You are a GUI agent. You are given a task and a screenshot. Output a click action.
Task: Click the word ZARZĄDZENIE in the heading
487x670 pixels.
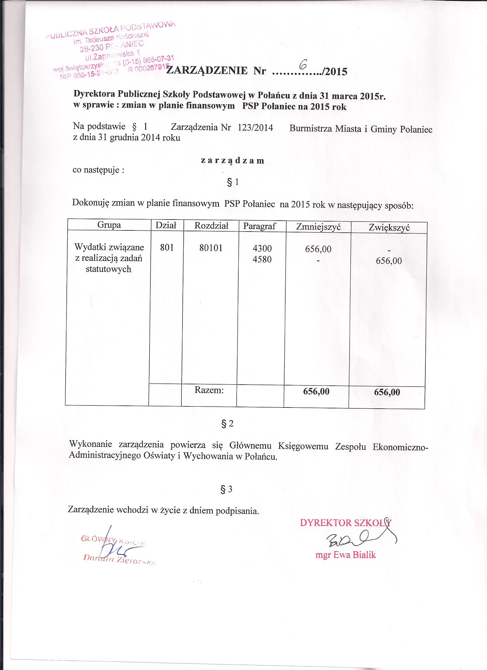pos(207,71)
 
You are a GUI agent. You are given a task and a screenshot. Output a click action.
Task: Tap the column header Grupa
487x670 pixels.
pos(109,225)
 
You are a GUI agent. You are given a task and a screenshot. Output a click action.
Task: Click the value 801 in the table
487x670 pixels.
pos(166,248)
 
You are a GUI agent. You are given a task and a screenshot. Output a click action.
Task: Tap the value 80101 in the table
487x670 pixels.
pos(211,248)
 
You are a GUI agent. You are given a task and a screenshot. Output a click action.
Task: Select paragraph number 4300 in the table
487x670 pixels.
pos(262,249)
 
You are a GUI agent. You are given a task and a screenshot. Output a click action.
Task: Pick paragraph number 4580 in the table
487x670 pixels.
pos(262,259)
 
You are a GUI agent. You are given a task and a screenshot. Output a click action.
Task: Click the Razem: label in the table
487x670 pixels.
pos(209,390)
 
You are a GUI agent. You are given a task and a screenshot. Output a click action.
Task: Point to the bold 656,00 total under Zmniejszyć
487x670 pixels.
pos(316,391)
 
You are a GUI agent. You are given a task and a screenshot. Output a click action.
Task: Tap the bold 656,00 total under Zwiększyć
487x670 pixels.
pos(387,392)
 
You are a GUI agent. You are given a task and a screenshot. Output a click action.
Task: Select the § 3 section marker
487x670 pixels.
pos(227,489)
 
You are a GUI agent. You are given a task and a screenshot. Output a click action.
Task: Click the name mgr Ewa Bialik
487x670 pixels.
pos(345,555)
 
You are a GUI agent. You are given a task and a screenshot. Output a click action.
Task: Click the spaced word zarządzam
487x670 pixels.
pos(232,160)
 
